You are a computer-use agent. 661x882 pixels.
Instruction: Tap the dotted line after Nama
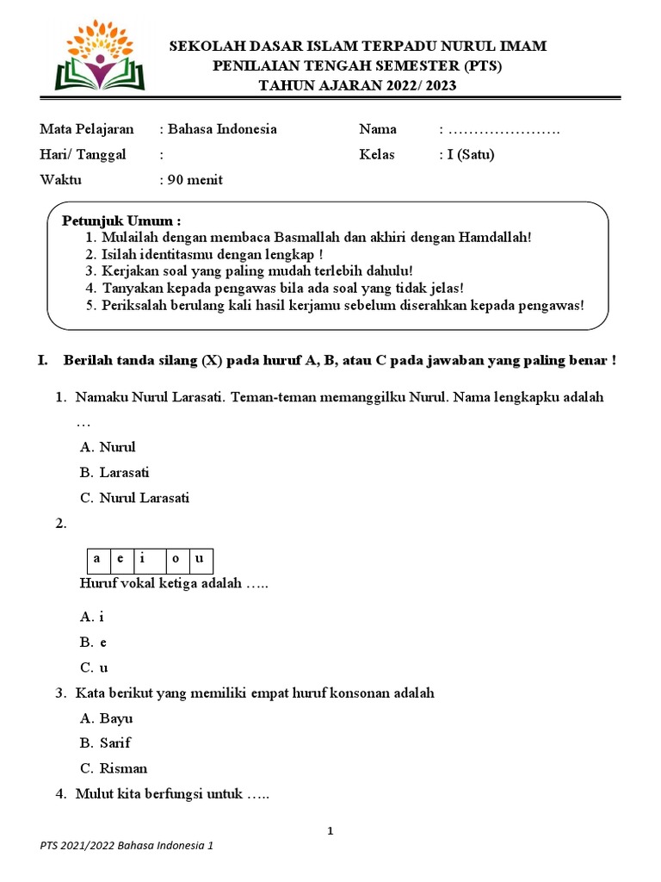coord(503,130)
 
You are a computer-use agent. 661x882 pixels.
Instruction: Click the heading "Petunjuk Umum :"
coord(122,221)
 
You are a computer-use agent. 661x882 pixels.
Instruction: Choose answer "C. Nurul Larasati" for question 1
coord(134,498)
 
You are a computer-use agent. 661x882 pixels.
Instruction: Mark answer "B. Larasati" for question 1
coord(114,473)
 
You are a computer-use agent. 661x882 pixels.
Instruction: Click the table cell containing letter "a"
coord(97,559)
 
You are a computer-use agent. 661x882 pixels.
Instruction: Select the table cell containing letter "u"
coord(200,559)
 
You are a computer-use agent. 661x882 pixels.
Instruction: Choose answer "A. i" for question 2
coord(92,617)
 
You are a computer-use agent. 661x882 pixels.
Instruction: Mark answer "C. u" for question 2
coord(94,668)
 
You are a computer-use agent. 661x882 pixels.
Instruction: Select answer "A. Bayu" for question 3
coord(107,718)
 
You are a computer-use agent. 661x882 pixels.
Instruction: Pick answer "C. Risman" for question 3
coord(114,768)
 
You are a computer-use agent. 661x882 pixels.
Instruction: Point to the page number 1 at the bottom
coord(330,831)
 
